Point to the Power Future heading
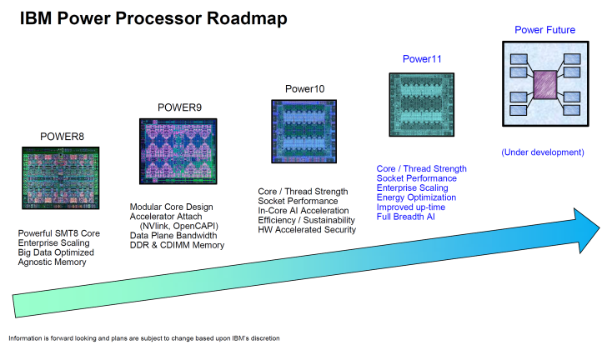(545, 30)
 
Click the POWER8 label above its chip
(62, 136)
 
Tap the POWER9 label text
(179, 107)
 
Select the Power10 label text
(304, 89)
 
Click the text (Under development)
(542, 152)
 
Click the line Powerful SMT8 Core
(58, 232)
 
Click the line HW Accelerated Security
(307, 230)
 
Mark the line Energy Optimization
(416, 197)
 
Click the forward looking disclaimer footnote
(144, 338)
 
